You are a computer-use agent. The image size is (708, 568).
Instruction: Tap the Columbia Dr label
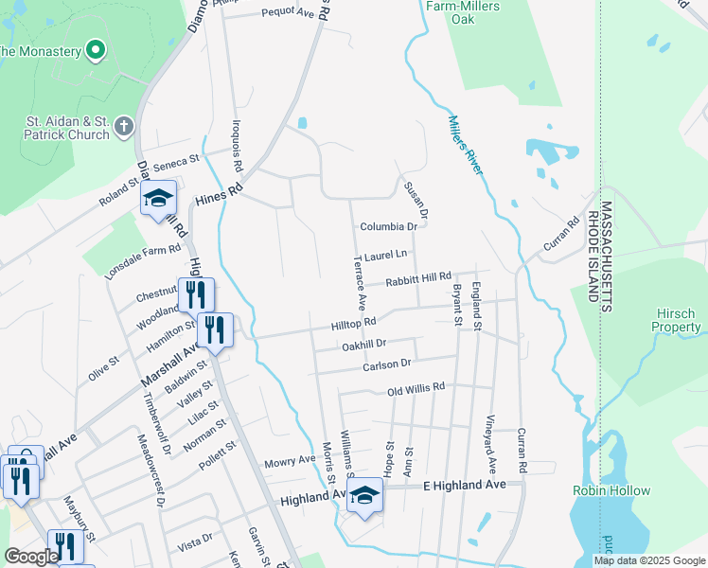(x=388, y=227)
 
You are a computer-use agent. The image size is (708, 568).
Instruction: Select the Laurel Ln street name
(x=384, y=255)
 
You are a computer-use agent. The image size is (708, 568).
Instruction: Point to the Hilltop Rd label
(x=353, y=324)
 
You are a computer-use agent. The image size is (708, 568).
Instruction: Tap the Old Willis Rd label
(x=416, y=388)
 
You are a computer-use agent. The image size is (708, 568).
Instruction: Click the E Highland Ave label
(x=472, y=485)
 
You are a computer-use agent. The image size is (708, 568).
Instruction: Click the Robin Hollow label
(x=611, y=490)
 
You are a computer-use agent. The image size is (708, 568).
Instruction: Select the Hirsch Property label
(x=676, y=320)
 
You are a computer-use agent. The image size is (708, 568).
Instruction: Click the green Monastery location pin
(x=95, y=49)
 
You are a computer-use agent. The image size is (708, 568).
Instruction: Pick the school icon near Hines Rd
(x=159, y=200)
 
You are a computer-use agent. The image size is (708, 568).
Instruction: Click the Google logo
(x=31, y=557)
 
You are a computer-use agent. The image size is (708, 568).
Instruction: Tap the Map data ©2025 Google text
(x=648, y=560)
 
